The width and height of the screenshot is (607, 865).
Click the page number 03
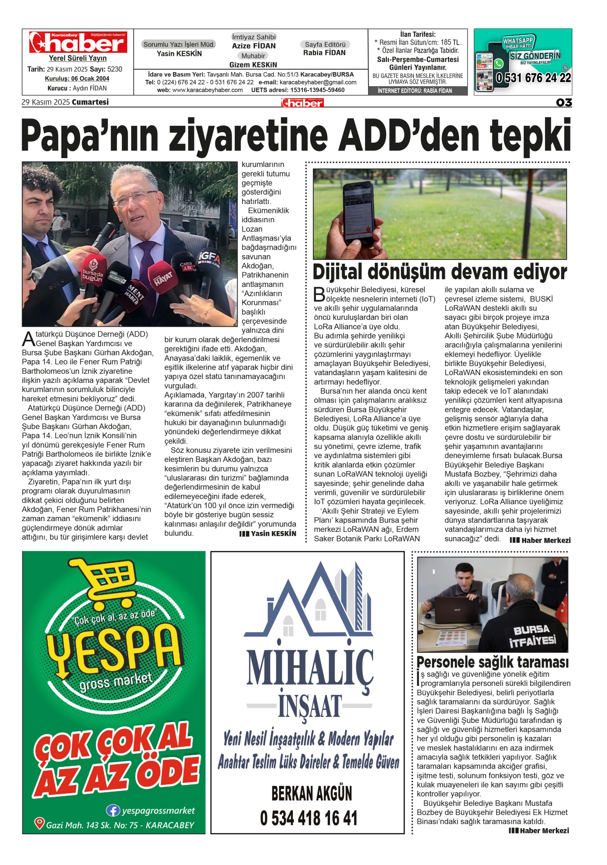click(x=563, y=102)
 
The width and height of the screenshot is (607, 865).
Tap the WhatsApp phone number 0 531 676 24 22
click(x=533, y=78)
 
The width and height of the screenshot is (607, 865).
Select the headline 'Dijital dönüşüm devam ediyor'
click(x=440, y=272)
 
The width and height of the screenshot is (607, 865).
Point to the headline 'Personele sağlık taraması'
click(x=492, y=662)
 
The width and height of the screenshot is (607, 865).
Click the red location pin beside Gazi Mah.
click(x=39, y=823)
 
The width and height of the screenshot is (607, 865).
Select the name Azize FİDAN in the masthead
click(x=254, y=46)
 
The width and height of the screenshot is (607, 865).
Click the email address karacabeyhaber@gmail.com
click(x=318, y=82)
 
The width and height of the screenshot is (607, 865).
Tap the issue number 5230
click(x=115, y=69)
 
